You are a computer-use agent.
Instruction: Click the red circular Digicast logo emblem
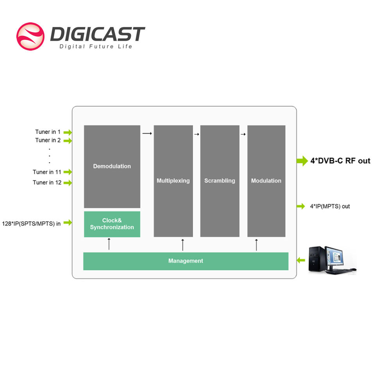pos(30,36)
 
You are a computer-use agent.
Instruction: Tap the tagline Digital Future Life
pos(96,46)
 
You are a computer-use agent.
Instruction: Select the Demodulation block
pos(112,166)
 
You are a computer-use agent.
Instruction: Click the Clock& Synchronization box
pos(112,224)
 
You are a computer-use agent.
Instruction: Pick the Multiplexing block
pos(173,181)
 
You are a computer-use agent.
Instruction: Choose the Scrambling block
pos(220,181)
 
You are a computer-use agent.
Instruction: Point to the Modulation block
pos(266,181)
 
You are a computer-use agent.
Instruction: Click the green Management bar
pos(186,261)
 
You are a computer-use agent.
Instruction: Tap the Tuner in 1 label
pos(48,132)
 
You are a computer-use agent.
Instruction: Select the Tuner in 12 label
pos(47,182)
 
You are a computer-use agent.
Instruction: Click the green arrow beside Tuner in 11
pos(68,172)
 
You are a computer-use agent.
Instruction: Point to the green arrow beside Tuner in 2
pos(68,141)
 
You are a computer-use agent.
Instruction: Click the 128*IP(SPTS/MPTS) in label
pos(31,223)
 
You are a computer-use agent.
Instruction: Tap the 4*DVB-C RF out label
pos(340,161)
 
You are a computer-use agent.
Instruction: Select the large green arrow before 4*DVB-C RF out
pos(302,161)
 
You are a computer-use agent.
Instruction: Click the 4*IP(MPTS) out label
pos(330,206)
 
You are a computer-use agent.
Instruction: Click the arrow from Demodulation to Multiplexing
pos(147,133)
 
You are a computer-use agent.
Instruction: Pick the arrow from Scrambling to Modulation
pos(243,134)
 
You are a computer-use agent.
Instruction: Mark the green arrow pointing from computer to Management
pos(301,260)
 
